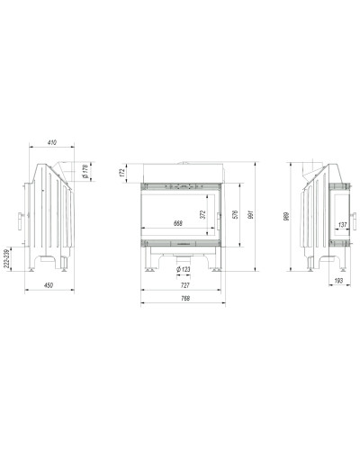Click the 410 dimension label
[x=52, y=142]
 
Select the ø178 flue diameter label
[x=85, y=172]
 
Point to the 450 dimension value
[x=49, y=285]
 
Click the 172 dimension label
[x=121, y=173]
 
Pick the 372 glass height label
[x=203, y=214]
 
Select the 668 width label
[x=178, y=223]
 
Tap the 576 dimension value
[x=235, y=214]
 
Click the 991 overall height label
[x=251, y=214]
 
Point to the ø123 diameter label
[x=184, y=269]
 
